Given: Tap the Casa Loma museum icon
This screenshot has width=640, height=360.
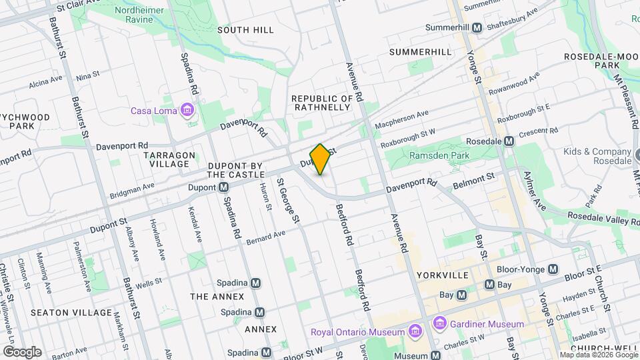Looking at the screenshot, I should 187,110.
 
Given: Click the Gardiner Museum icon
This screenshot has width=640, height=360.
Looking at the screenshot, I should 439,324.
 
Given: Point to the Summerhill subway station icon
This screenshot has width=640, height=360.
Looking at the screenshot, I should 477,28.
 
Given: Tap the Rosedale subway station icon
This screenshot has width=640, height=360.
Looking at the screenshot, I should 509,141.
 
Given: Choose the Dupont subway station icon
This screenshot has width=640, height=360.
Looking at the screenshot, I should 225,188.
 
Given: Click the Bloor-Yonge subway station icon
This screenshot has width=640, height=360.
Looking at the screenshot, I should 552,269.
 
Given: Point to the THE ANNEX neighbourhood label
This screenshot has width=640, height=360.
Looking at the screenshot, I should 217,296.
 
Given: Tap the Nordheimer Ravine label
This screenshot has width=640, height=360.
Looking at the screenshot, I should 140,15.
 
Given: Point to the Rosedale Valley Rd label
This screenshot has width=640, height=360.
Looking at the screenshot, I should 603,219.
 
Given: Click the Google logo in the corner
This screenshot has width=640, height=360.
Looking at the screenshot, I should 22,351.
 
